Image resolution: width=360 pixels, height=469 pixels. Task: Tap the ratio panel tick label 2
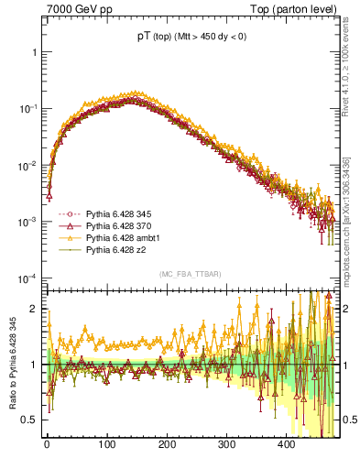[35, 309]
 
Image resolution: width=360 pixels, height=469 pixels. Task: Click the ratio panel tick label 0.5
[31, 420]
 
